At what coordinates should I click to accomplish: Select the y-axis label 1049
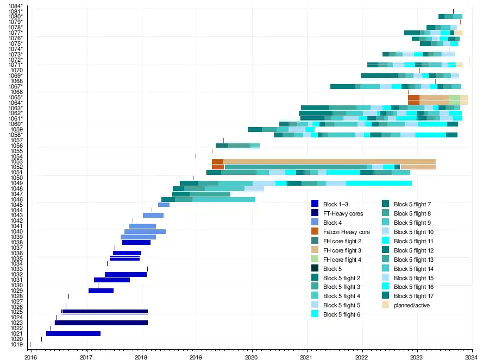[x=16, y=183]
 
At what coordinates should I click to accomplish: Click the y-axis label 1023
[x=16, y=323]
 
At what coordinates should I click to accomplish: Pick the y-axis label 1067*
[x=16, y=86]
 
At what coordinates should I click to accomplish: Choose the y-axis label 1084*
[x=16, y=6]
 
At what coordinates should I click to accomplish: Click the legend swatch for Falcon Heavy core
[x=315, y=232]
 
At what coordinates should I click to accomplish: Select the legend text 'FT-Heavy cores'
[x=343, y=213]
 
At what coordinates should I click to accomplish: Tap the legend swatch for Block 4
[x=315, y=223]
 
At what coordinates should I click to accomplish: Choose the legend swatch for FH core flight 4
[x=315, y=260]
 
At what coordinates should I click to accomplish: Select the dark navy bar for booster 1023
[x=101, y=323]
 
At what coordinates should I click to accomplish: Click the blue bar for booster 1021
[x=73, y=333]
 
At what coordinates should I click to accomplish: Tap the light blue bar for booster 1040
[x=145, y=232]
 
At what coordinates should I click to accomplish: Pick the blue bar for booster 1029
[x=101, y=290]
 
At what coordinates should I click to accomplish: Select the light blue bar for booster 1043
[x=153, y=216]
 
